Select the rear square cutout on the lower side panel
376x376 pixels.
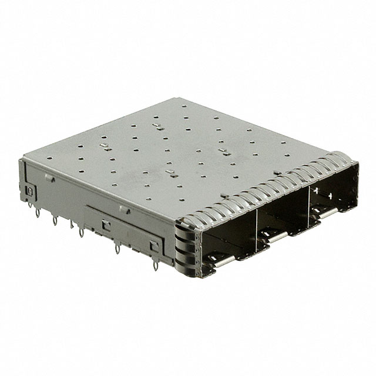click(x=106, y=223)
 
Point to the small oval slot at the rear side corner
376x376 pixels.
click(x=29, y=191)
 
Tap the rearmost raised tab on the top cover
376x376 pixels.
click(x=157, y=126)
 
